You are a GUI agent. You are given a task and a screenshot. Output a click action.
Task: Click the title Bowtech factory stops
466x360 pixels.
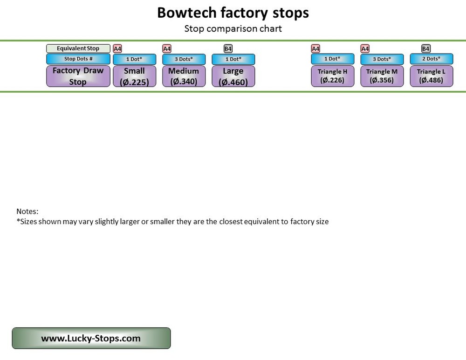pos(233,13)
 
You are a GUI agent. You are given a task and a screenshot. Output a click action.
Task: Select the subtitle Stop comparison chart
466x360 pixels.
pos(233,28)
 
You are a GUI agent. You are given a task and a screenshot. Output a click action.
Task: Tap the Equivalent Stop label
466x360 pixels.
pos(78,48)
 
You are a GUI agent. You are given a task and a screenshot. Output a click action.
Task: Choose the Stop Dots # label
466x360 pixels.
pos(78,59)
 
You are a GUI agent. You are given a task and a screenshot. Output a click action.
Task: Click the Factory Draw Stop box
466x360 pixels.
pos(78,76)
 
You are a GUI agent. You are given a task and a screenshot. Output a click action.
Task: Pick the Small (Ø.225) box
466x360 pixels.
pos(134,76)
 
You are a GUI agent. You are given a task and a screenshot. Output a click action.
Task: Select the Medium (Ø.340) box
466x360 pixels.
pos(184,76)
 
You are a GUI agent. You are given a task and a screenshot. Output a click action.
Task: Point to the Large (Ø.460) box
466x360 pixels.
pos(233,76)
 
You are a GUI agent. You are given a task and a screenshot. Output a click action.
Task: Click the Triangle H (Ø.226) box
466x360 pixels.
pos(332,76)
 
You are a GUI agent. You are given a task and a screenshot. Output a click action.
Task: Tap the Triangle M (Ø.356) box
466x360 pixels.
pos(382,76)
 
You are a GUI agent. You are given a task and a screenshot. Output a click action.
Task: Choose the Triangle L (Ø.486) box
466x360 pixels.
pos(431,76)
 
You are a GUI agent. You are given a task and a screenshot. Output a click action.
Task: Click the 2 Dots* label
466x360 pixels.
pos(431,59)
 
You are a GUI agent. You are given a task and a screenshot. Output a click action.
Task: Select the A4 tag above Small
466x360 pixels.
pos(117,48)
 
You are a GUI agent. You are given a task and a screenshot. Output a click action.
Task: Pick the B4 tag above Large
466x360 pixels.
pos(228,48)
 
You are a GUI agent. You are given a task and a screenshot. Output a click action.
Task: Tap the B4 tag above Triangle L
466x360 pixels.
pos(426,48)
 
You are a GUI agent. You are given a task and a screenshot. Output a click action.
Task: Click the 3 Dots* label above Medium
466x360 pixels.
pos(184,59)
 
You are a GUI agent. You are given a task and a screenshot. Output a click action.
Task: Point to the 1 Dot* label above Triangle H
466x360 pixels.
pos(332,59)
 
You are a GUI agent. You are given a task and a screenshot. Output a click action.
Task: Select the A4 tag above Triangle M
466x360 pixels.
pos(365,48)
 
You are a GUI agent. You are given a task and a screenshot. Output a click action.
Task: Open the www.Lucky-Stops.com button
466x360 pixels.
pos(91,338)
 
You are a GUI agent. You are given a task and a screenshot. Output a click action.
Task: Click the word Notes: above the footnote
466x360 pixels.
pos(27,211)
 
